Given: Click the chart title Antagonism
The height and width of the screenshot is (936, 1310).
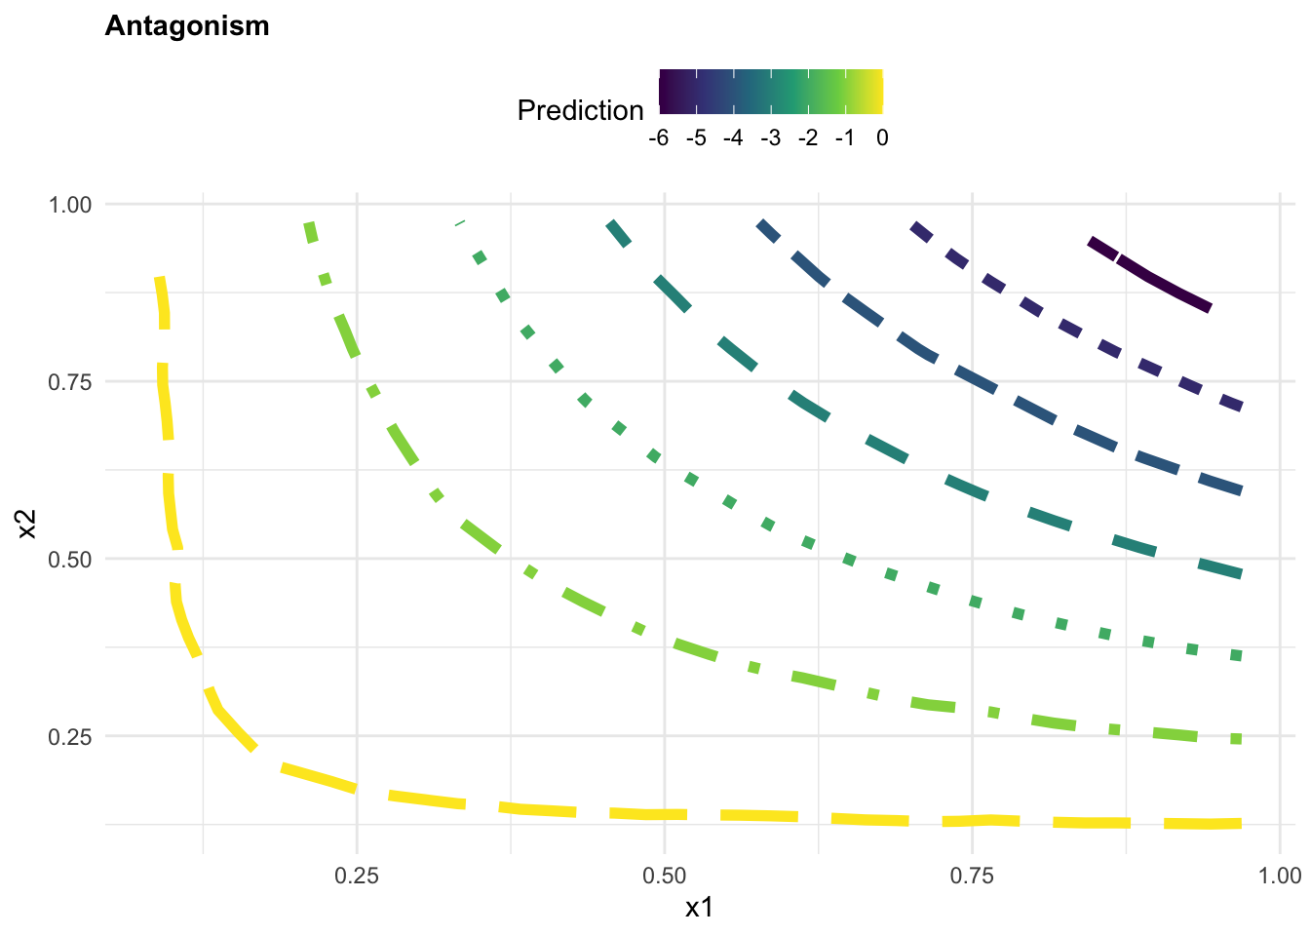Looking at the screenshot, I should click(x=186, y=26).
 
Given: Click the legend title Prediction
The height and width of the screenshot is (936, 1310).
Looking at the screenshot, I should click(x=580, y=111).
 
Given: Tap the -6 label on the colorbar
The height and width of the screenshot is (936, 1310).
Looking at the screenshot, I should click(x=658, y=138).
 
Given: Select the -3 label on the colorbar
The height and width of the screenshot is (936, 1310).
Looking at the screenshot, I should click(x=770, y=138).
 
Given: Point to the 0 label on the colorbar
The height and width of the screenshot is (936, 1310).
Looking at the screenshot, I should click(x=882, y=138).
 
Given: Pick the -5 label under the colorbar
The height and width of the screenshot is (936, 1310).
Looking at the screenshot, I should click(x=695, y=138).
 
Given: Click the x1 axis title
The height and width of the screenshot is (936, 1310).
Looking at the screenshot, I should click(x=699, y=908).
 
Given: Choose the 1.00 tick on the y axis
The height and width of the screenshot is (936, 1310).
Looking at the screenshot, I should click(x=70, y=205).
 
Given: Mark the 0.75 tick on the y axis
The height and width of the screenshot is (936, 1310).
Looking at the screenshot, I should click(x=70, y=382).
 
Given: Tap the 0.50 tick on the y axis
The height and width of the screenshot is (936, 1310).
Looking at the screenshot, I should click(x=70, y=560).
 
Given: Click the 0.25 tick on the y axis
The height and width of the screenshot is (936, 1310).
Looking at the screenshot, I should click(x=70, y=737).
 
